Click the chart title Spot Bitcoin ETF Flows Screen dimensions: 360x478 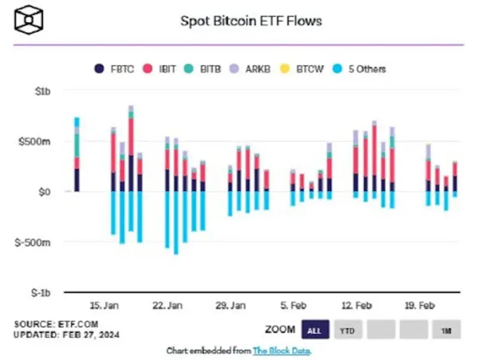[251, 21]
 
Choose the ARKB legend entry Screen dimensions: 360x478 [252, 69]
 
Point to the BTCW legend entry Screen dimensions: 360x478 [302, 69]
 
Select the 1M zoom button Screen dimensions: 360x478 [445, 330]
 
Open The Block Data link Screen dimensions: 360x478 [282, 350]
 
